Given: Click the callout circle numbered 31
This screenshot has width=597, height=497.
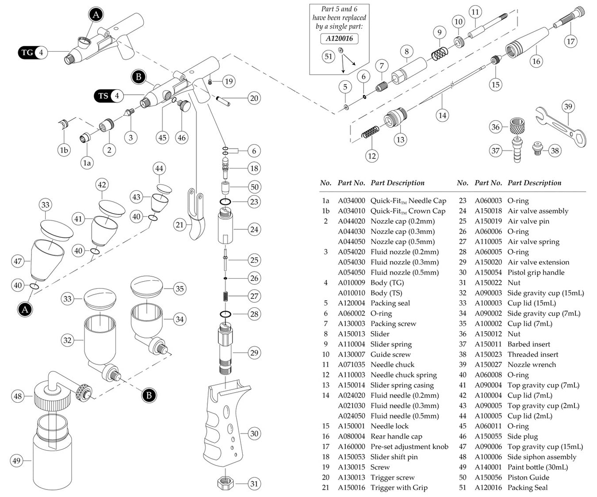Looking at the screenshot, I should [x=254, y=483].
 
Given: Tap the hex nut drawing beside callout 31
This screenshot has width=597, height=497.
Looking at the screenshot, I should [x=226, y=483].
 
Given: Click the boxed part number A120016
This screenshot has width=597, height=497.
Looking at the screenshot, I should [x=339, y=38].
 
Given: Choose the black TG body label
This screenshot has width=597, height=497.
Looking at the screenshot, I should [x=27, y=53].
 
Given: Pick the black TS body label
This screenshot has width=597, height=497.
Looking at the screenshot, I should [x=103, y=96].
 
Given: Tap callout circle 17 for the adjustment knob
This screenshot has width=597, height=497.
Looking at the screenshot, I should [x=570, y=42].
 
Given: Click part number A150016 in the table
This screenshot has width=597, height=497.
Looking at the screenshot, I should [x=352, y=488].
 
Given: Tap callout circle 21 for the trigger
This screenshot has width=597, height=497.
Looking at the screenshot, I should [x=179, y=225].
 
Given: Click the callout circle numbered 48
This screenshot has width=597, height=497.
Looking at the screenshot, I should [x=18, y=396].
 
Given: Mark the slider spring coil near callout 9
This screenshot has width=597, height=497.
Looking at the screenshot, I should [x=439, y=54].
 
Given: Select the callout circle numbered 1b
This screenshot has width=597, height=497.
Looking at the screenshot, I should [x=64, y=150].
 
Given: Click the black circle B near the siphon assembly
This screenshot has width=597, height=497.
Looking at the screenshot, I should [x=149, y=395].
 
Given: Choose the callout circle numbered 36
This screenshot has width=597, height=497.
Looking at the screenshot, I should [x=495, y=127].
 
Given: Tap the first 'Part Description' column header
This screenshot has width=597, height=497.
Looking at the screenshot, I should [x=397, y=183].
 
